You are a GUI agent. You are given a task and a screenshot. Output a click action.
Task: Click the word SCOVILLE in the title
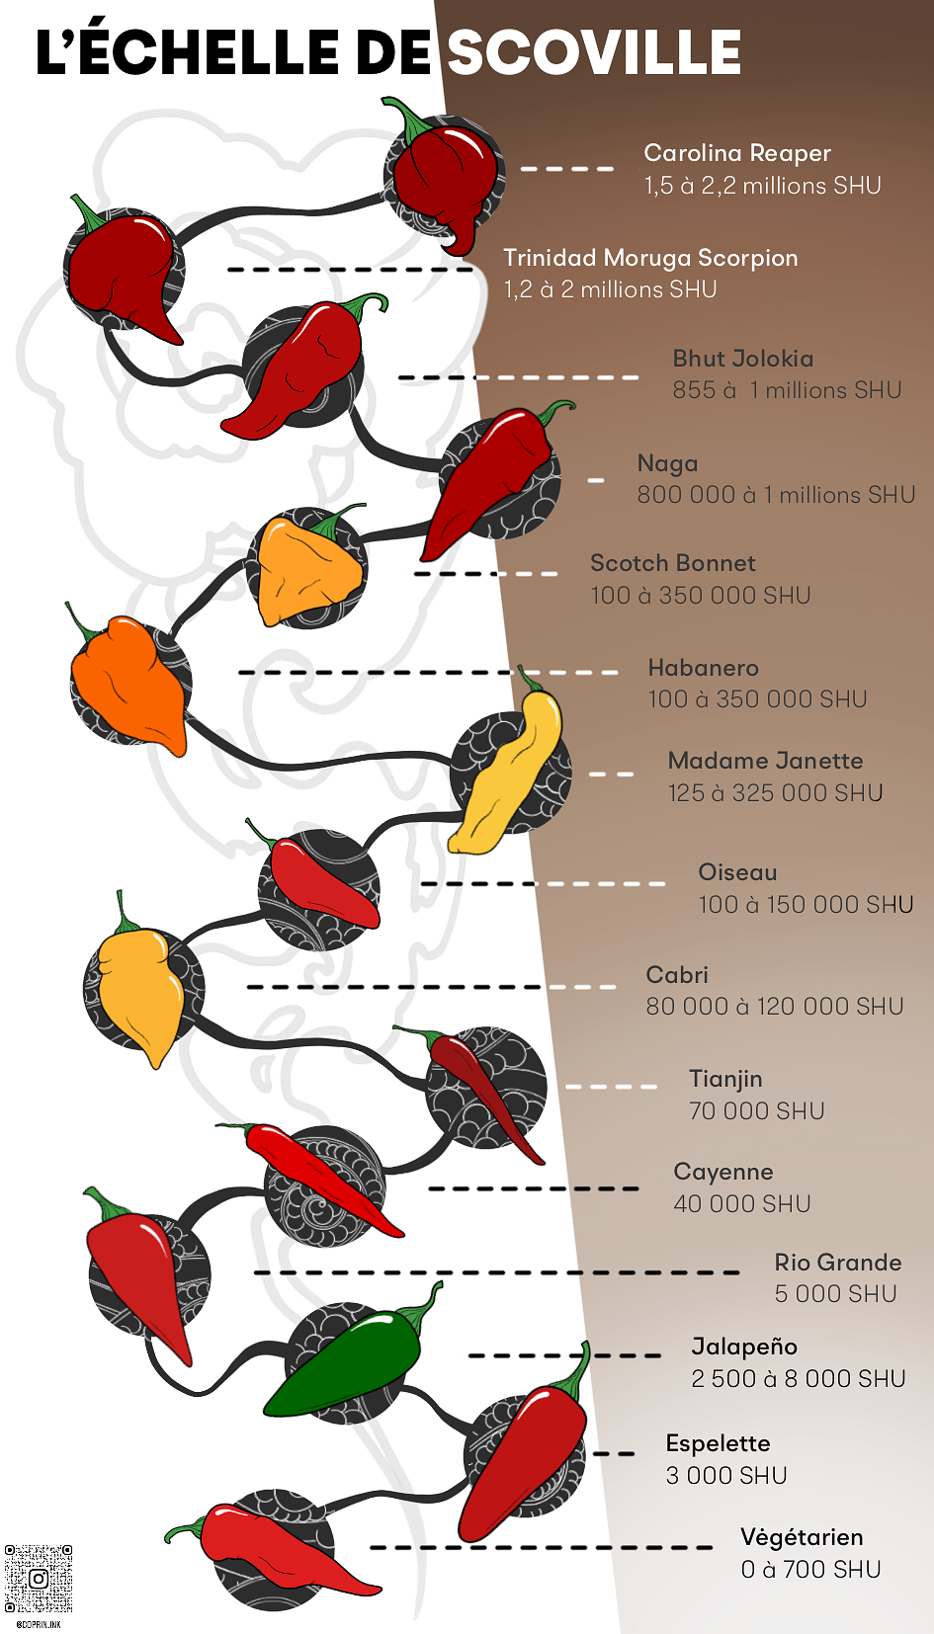tap(594, 53)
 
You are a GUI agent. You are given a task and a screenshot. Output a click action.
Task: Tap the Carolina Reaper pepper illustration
tap(445, 178)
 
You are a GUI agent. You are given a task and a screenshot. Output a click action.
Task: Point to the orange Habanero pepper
tap(128, 682)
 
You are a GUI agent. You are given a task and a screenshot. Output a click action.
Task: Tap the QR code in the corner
tap(39, 1578)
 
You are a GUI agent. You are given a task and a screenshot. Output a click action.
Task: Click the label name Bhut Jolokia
tap(743, 359)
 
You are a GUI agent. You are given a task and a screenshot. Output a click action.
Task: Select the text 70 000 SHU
tap(757, 1111)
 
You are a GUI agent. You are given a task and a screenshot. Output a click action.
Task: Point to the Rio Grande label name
tap(838, 1263)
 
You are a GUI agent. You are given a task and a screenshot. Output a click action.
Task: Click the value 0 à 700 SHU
tap(811, 1570)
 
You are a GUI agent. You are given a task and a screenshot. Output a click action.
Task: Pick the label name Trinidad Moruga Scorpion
tap(650, 258)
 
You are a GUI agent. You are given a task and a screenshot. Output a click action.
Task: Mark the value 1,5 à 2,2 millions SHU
tap(762, 186)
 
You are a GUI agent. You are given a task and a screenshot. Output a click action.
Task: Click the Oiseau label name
tap(737, 872)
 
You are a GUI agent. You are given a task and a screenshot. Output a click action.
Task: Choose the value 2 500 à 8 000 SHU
tap(799, 1379)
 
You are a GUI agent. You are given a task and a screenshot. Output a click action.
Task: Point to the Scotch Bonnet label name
tap(673, 563)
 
